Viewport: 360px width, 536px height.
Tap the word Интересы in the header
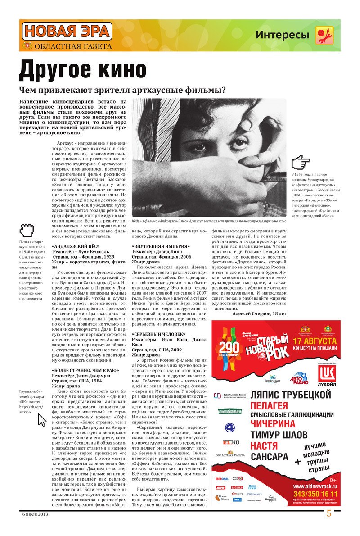(x=282, y=35)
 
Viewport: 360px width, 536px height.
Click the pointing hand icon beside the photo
(x=301, y=163)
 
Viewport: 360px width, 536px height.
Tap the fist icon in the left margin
(x=27, y=231)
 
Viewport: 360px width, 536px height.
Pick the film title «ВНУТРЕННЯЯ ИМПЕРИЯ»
(x=161, y=246)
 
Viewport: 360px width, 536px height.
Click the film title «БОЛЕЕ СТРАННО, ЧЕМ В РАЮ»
(x=85, y=370)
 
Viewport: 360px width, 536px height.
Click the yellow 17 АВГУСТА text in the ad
(x=315, y=341)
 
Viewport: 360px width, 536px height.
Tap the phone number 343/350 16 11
(x=315, y=494)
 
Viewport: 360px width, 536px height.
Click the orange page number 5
(x=329, y=514)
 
